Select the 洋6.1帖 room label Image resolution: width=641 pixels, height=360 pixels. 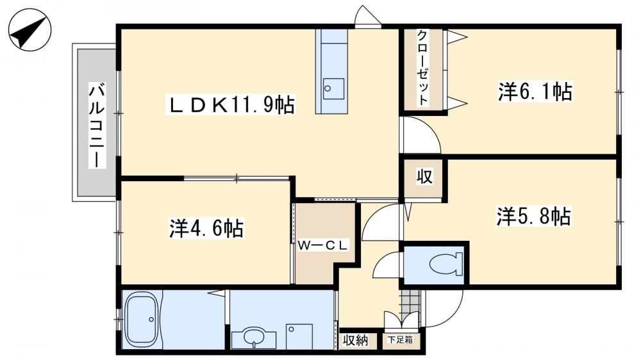tap(535, 92)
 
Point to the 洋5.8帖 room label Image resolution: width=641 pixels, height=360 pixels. tap(533, 216)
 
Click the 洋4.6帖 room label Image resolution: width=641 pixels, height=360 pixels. tap(206, 229)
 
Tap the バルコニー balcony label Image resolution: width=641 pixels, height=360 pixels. tap(97, 125)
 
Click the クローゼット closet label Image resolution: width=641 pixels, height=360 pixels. tap(423, 68)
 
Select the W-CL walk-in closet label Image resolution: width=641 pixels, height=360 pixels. tap(322, 245)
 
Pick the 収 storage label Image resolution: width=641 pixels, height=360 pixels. tap(425, 177)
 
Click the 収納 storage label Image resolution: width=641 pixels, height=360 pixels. tap(355, 340)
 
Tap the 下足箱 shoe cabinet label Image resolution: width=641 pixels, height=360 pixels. tap(400, 340)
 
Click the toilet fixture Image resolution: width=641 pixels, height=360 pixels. tap(446, 263)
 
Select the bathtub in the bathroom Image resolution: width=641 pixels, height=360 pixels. tap(142, 320)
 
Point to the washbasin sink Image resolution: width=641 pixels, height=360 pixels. tap(254, 337)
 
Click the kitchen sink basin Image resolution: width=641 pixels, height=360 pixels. tap(333, 88)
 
